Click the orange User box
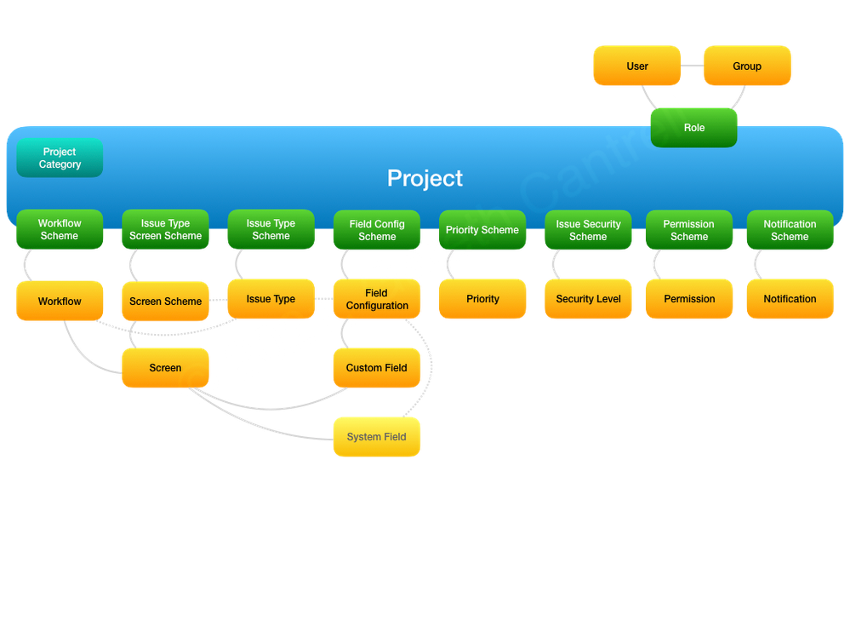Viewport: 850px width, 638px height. click(x=636, y=66)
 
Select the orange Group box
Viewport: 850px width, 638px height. click(x=747, y=66)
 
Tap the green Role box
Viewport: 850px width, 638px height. click(x=693, y=128)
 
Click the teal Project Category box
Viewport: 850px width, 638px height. click(x=60, y=158)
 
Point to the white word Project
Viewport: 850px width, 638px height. click(x=425, y=178)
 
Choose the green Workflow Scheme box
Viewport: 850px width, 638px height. click(x=60, y=230)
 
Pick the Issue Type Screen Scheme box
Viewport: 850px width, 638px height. click(x=165, y=230)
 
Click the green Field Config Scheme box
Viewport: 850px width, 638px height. click(x=377, y=231)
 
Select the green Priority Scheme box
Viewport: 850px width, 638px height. click(x=482, y=231)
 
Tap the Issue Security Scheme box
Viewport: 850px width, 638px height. click(x=588, y=231)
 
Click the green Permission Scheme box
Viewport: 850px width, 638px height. click(x=689, y=231)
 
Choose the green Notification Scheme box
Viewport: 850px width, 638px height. click(x=790, y=231)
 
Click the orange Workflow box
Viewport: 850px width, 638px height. click(x=60, y=302)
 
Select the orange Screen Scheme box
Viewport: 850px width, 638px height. click(x=165, y=302)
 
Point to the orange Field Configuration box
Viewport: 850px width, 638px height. click(x=377, y=299)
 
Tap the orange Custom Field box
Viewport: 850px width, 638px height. click(x=376, y=368)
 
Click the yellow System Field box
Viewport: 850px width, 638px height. click(x=376, y=437)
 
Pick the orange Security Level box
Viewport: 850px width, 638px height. click(x=588, y=299)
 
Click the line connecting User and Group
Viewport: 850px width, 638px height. click(x=692, y=66)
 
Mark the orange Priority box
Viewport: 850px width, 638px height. click(x=482, y=299)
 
